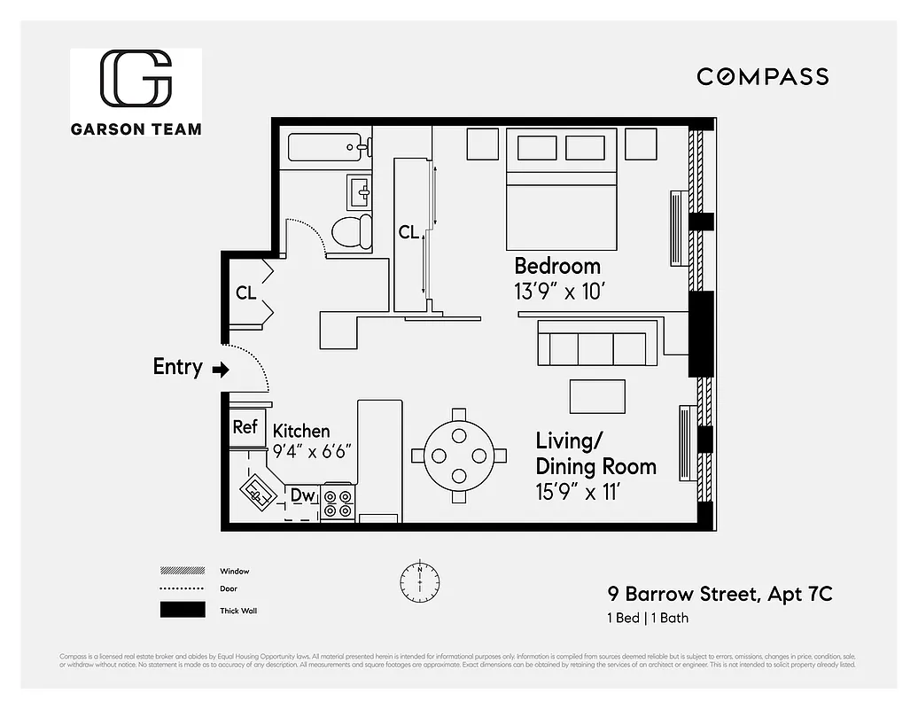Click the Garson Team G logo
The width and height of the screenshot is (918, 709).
136,78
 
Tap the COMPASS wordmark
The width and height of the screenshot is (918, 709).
762,77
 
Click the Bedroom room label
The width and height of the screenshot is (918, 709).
557,266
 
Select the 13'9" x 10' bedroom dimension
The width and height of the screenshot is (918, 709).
559,290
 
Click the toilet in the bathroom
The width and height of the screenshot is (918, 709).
352,232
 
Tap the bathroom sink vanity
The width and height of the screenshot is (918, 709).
359,190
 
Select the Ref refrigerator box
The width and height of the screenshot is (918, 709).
245,426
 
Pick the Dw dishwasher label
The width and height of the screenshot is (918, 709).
303,495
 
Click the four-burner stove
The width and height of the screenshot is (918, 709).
338,503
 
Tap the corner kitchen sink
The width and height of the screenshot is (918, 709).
259,490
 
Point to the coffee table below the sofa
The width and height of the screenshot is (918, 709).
596,395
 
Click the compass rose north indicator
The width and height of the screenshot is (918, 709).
418,580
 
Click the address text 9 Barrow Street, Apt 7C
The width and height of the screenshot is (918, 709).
719,594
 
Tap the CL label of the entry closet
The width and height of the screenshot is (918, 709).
245,292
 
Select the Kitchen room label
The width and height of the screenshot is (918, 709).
301,432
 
